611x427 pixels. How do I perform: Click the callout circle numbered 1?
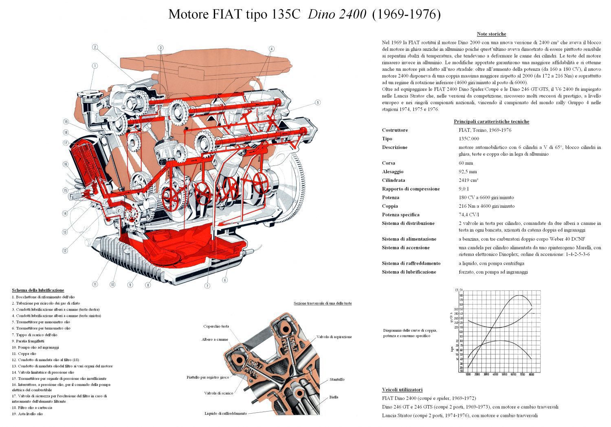point(95,65)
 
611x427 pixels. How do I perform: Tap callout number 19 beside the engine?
point(65,122)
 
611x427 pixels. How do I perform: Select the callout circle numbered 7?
point(207,286)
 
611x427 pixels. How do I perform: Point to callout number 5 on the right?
point(317,103)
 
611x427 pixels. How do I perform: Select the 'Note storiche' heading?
point(491,34)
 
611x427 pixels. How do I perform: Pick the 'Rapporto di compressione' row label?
point(411,189)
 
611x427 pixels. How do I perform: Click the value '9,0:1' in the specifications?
point(464,189)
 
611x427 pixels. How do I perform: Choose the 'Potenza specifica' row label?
point(400,215)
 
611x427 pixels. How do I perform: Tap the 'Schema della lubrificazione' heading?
point(38,290)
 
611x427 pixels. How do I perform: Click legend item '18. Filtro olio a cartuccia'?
point(32,407)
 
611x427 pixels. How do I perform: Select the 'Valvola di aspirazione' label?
point(334,337)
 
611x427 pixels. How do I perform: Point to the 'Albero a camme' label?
point(215,339)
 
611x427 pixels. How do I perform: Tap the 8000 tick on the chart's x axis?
point(531,375)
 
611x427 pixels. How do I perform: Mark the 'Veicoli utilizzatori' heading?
point(402,389)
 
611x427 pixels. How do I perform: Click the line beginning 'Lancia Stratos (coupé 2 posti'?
point(459,415)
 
